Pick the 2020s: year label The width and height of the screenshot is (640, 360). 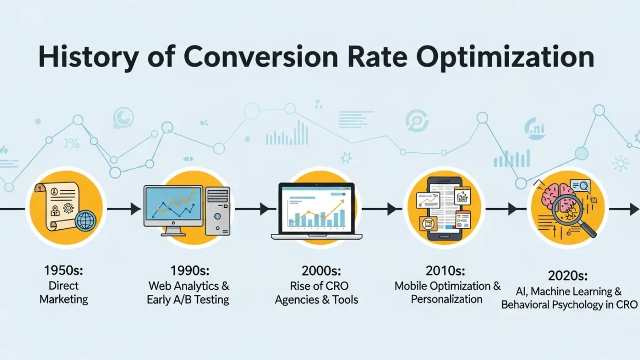pos(569,276)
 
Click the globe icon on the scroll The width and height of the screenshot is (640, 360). pos(85,221)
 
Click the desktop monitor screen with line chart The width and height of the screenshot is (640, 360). pos(173,206)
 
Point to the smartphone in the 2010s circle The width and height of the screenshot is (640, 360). pos(444,209)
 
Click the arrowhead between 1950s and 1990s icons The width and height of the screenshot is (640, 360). pos(135,209)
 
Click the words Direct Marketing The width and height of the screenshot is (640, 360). pos(64,292)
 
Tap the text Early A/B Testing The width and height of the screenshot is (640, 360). pos(188,299)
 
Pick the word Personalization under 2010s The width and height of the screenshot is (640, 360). pos(447,299)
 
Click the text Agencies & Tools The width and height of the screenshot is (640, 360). pos(316,299)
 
